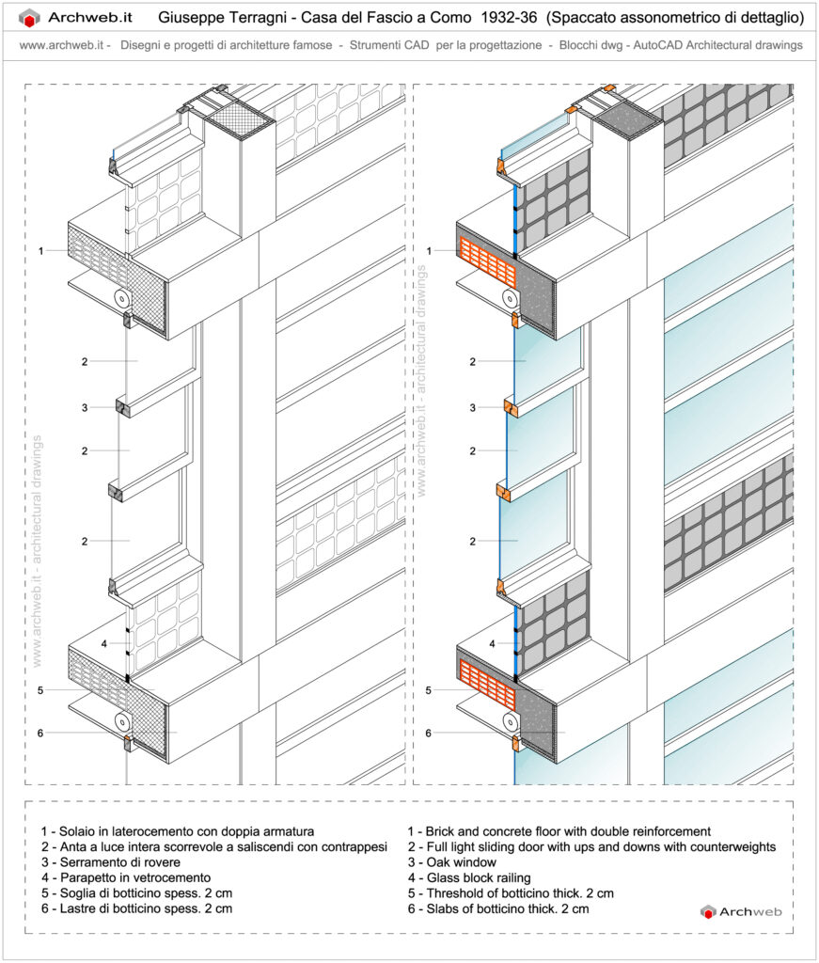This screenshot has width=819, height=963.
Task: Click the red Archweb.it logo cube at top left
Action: [30, 18]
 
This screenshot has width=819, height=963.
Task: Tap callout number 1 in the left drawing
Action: [41, 251]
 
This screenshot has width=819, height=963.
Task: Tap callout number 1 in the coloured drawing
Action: [429, 251]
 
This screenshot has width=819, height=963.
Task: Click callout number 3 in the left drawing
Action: [84, 407]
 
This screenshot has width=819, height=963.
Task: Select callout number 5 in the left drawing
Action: [41, 690]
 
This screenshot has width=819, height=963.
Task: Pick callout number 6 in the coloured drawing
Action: [429, 733]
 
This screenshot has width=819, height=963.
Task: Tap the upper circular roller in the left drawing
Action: [123, 298]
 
